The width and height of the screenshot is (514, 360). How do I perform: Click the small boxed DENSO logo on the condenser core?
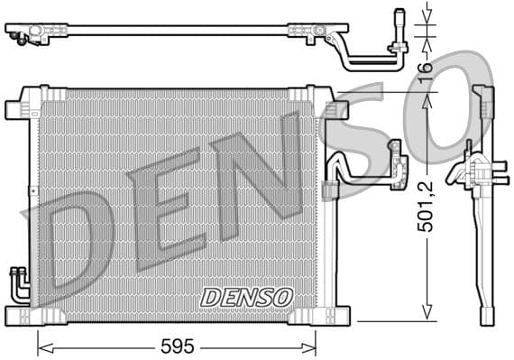246,296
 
